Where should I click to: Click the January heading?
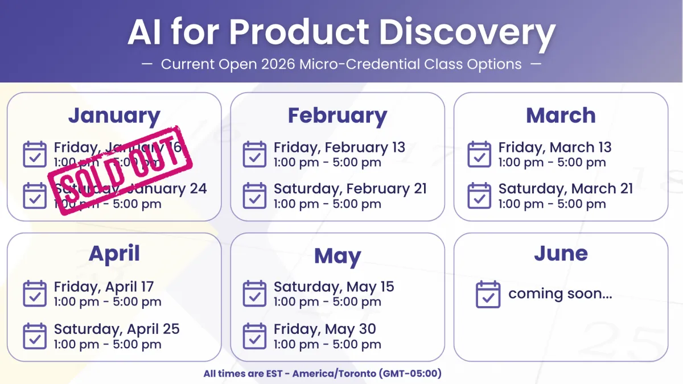point(114,115)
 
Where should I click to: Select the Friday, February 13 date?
point(339,147)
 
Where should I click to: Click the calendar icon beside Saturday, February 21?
point(254,196)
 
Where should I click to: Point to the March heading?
point(561,115)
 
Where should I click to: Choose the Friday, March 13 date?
point(555,147)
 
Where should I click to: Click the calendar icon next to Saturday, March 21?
point(479,196)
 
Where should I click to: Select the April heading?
point(114,254)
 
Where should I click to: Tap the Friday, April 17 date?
point(104,287)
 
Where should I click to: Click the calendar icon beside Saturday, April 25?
point(35,336)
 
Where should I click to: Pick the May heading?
point(338,256)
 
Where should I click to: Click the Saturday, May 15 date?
point(334,287)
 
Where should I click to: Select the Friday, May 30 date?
point(324,329)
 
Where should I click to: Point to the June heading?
point(561,254)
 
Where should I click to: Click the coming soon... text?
point(560,294)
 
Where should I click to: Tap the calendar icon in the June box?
point(488,294)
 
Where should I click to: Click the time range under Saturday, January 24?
point(108,204)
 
